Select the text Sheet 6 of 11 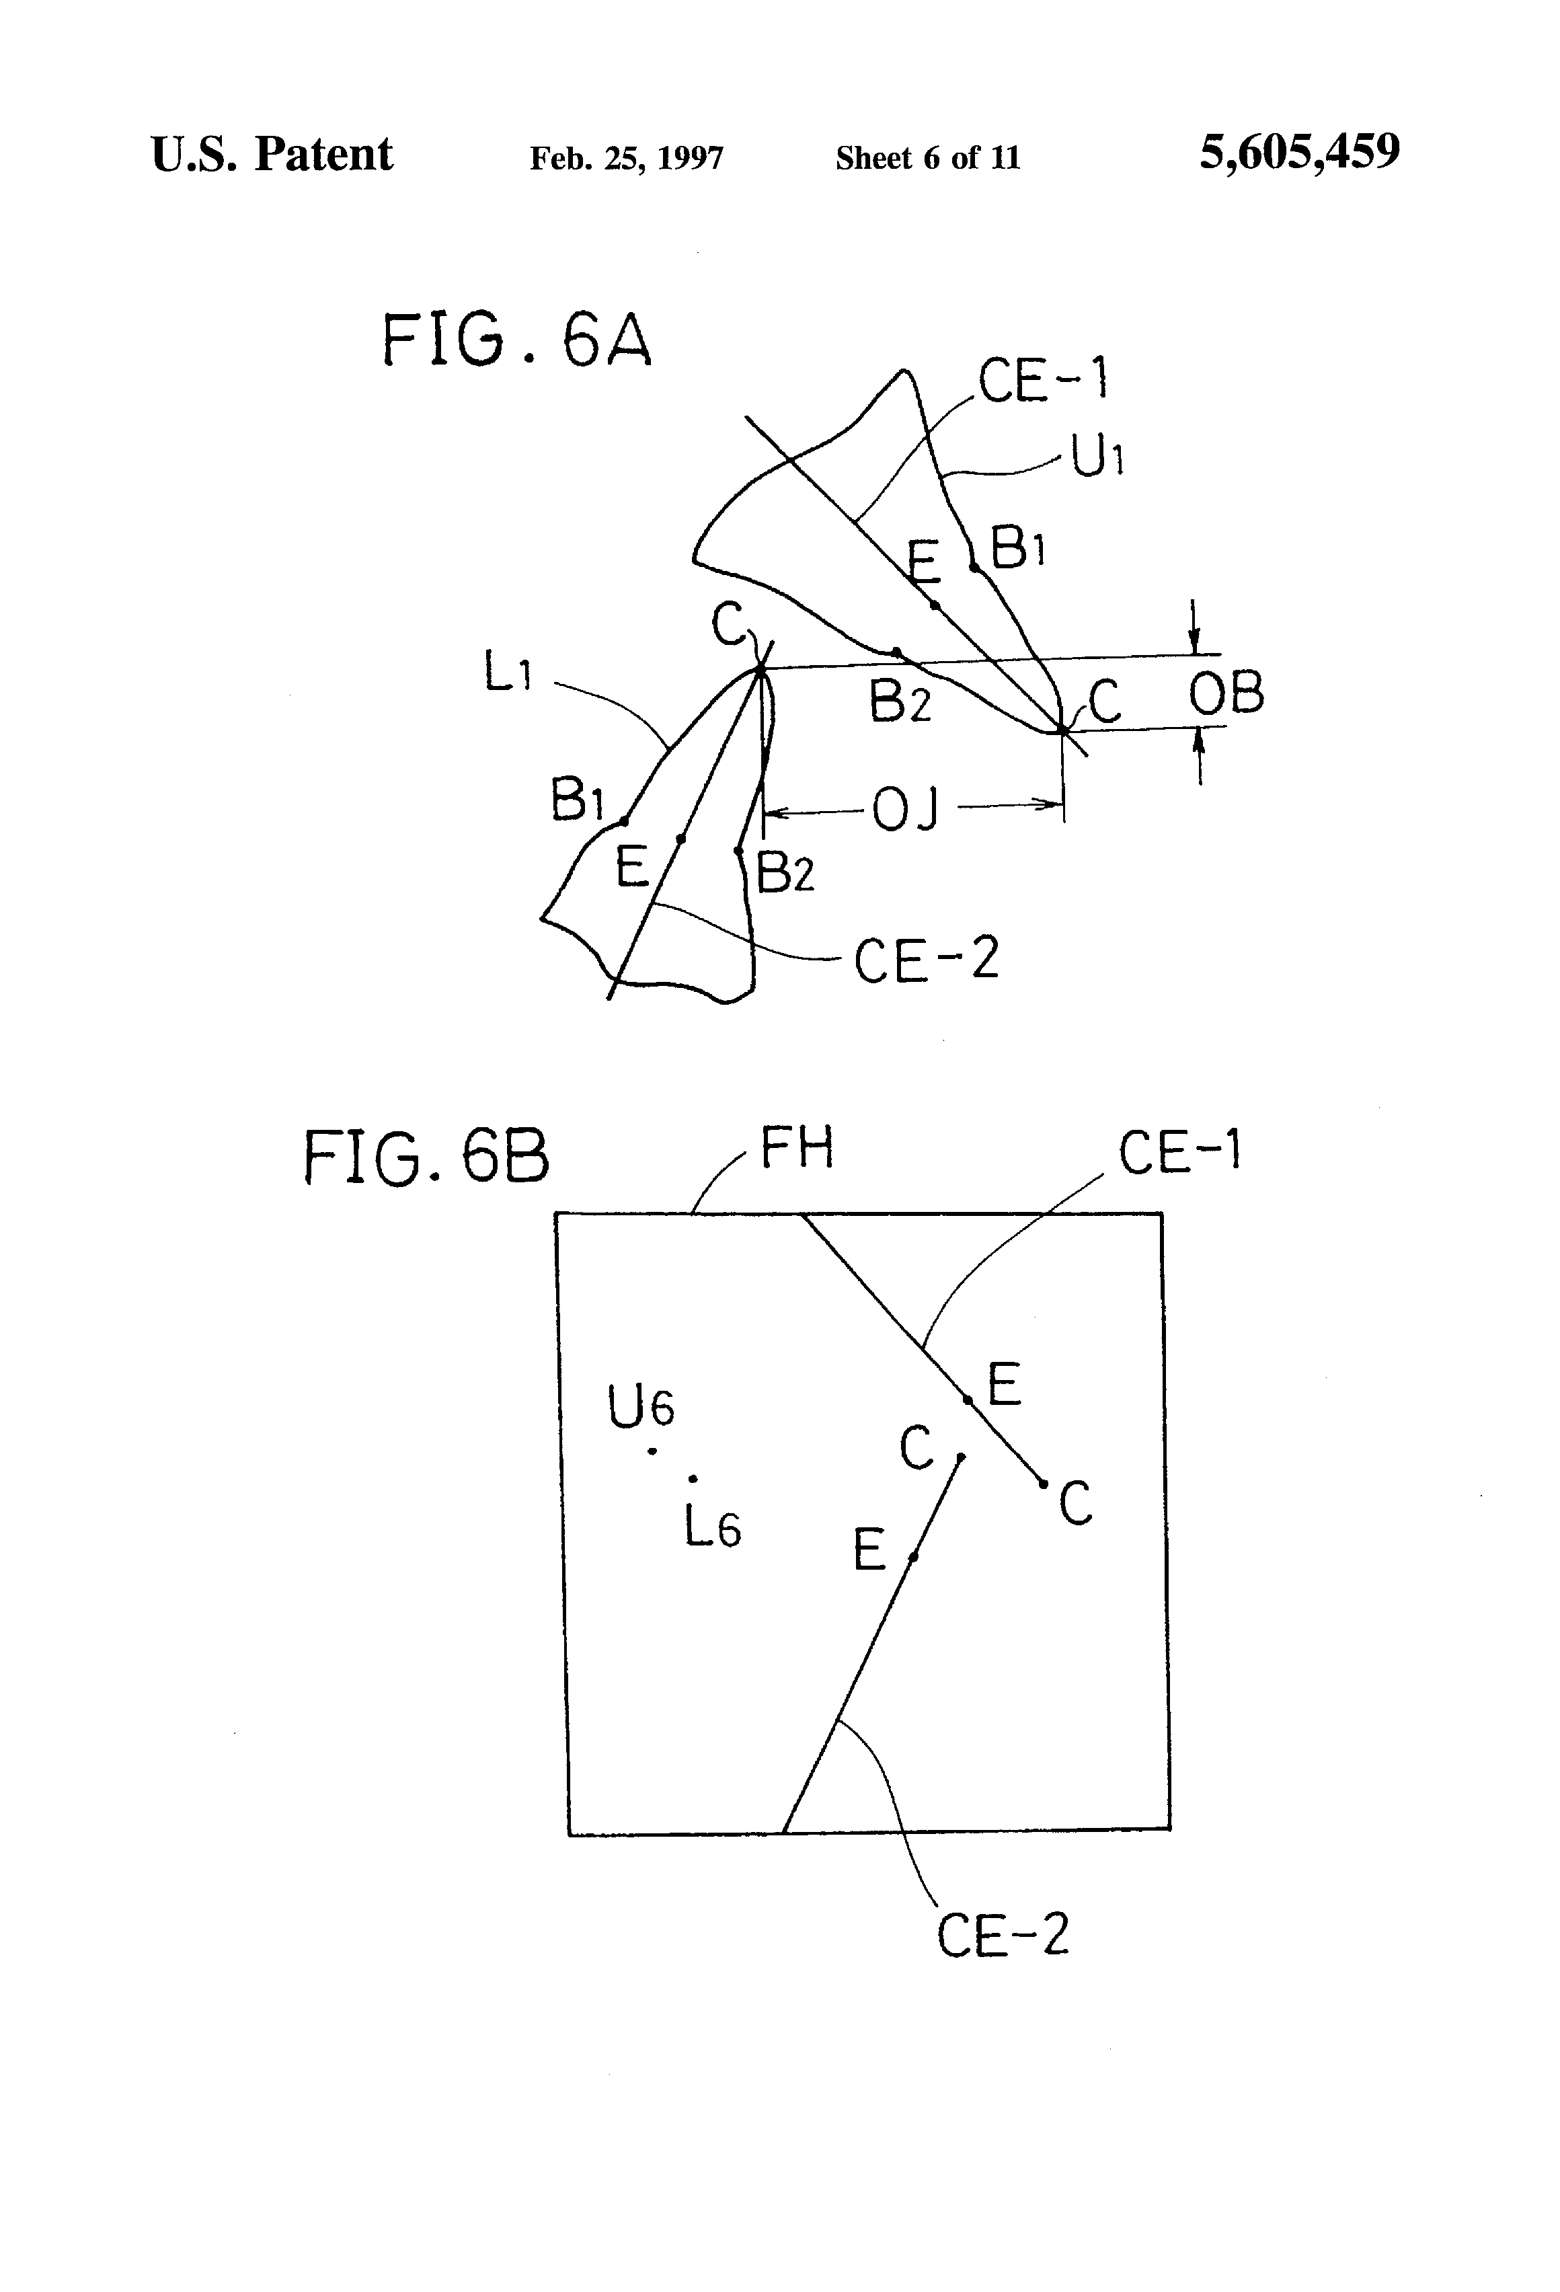pos(927,158)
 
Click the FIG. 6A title pos(516,340)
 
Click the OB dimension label pos(1226,693)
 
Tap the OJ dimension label pos(905,810)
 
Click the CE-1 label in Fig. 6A pos(1044,380)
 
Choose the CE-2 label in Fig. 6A pos(926,960)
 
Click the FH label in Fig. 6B pos(797,1148)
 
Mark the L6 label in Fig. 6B pos(712,1529)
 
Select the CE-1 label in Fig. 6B pos(1179,1152)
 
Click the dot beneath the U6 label pos(652,1451)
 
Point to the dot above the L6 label pos(693,1478)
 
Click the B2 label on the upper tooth pos(899,703)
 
